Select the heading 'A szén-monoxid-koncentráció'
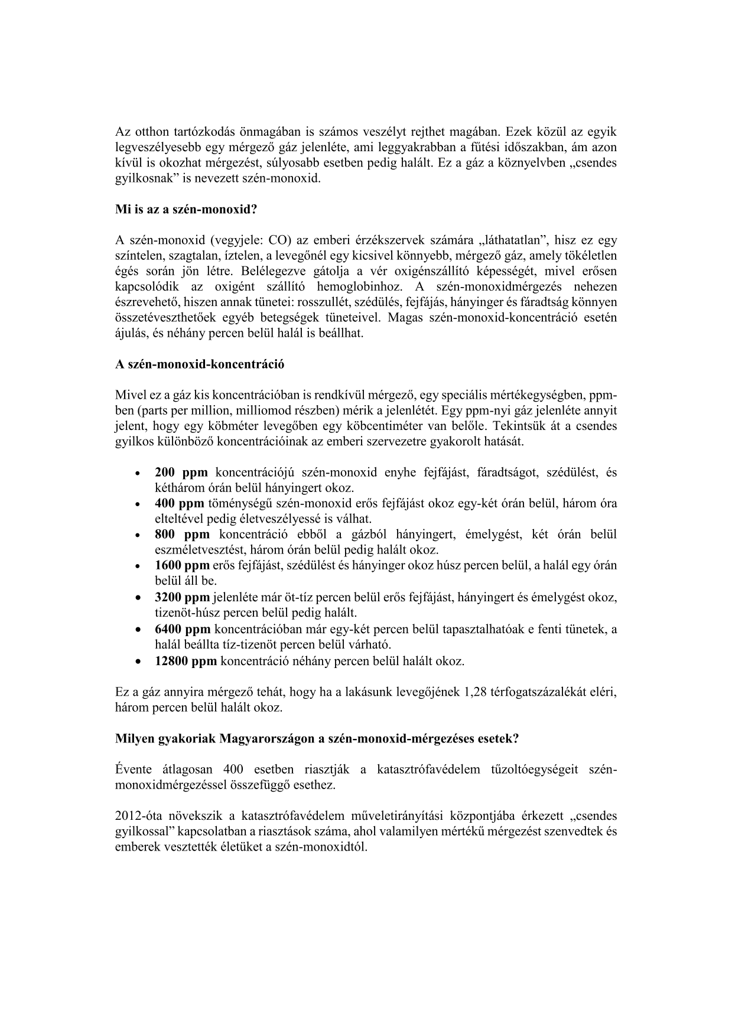(200, 364)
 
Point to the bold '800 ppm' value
(182, 535)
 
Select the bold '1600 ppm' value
(182, 565)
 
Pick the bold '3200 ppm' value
(182, 597)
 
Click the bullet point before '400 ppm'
(137, 504)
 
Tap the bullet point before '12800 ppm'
(137, 662)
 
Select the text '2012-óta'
(136, 816)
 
